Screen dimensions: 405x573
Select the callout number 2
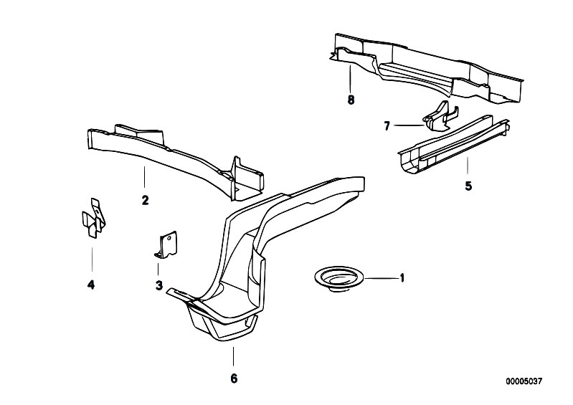(145, 200)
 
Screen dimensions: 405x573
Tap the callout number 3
(158, 285)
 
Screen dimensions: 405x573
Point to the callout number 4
(91, 285)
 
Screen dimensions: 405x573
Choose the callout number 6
(234, 378)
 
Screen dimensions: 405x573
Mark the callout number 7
(387, 126)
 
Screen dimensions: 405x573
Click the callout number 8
(351, 100)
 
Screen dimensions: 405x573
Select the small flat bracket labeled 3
(166, 244)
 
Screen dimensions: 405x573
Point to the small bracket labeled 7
(439, 115)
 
